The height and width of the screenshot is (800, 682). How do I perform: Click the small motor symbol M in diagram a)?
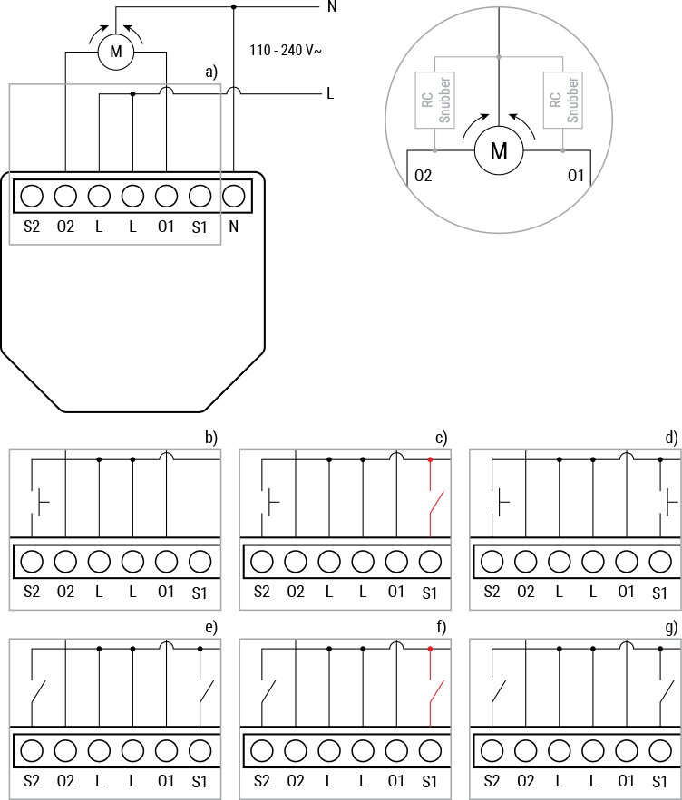115,53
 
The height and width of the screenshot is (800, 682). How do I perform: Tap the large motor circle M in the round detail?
498,151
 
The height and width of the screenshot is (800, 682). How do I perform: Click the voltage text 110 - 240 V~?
285,51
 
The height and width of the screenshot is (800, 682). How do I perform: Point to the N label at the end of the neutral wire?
331,7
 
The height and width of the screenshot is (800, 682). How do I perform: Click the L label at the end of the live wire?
330,93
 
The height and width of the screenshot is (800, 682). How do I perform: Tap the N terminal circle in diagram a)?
234,196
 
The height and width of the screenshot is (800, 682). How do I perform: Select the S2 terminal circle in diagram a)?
32,196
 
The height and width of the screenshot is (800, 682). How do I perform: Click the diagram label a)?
211,72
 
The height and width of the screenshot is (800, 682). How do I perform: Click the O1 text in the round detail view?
575,175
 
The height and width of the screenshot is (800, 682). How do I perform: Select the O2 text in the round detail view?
423,175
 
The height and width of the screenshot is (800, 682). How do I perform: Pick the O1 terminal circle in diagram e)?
166,751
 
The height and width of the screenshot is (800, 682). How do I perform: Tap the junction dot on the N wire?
234,7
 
